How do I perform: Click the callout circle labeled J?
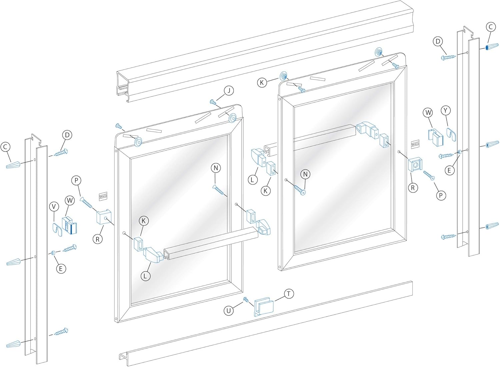[229, 91]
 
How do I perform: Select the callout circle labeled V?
[54, 207]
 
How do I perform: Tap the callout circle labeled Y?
[446, 110]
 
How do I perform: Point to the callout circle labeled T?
[289, 294]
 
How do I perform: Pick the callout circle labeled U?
[228, 311]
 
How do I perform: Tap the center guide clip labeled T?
[263, 306]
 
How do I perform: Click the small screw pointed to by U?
[246, 300]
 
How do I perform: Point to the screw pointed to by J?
[213, 102]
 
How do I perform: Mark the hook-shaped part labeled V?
[57, 229]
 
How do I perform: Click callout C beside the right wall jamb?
[491, 27]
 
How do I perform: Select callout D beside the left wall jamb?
[67, 135]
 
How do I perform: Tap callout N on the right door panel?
[305, 174]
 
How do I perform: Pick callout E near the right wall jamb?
[449, 170]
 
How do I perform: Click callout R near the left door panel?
[97, 239]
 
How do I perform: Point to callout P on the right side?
[441, 195]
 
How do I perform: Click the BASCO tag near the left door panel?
[103, 196]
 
